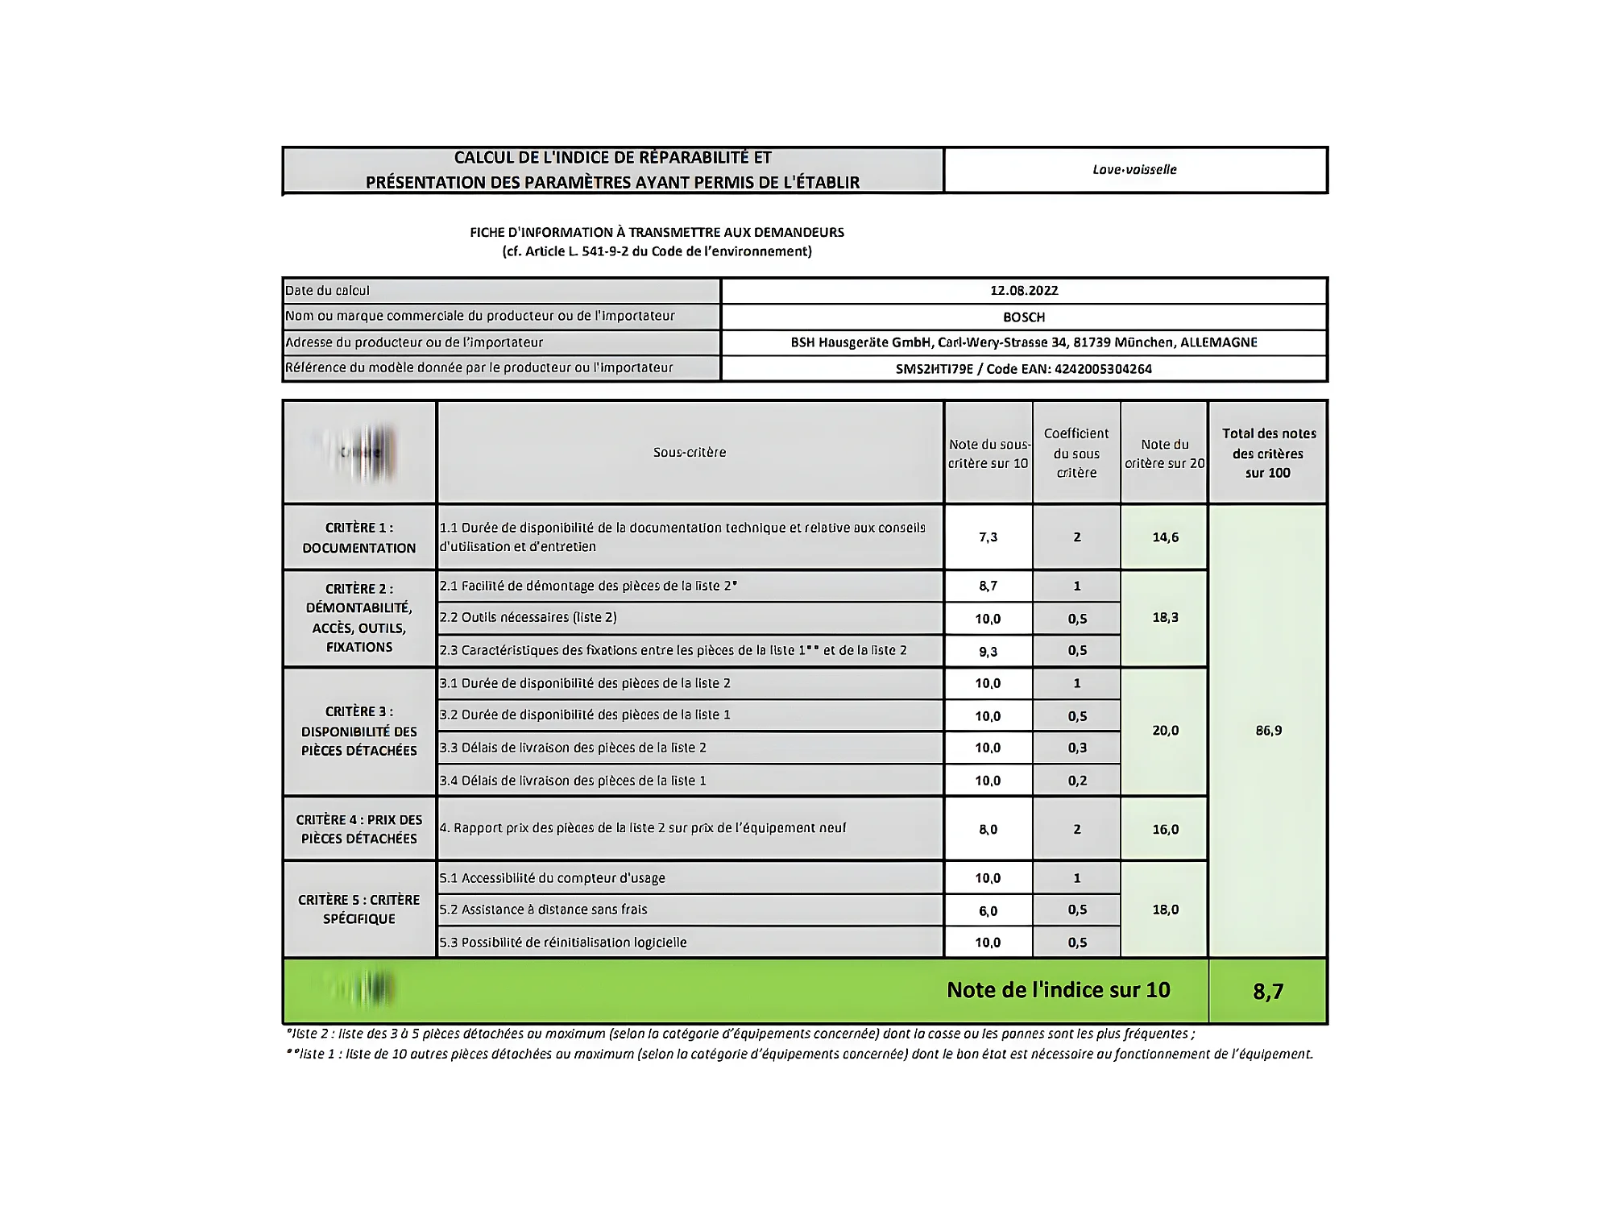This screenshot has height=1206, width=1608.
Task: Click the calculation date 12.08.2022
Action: (x=1024, y=291)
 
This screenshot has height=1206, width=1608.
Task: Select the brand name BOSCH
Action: (x=1024, y=317)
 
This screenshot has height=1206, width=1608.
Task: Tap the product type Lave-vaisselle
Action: (x=1134, y=170)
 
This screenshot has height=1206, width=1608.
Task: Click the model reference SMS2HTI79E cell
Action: (x=1024, y=369)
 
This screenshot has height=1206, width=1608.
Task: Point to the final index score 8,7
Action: (x=1267, y=991)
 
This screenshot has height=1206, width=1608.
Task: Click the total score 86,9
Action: (x=1268, y=731)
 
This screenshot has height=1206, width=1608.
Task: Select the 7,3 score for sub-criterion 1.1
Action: (x=988, y=537)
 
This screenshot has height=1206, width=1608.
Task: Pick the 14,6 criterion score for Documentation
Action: (x=1165, y=537)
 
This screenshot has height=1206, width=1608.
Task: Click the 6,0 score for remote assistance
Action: (x=988, y=911)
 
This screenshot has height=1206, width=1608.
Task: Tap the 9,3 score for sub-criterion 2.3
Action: (x=988, y=652)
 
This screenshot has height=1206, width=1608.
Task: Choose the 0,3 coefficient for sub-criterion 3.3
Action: (x=1077, y=748)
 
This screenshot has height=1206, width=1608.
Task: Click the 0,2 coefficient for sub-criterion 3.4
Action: (x=1077, y=781)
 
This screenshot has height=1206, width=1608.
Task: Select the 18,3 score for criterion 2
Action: (x=1165, y=618)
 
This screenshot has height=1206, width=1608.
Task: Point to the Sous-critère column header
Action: (x=690, y=453)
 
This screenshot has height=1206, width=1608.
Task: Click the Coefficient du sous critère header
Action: (x=1076, y=453)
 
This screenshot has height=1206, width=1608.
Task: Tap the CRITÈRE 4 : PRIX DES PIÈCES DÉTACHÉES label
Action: (x=359, y=829)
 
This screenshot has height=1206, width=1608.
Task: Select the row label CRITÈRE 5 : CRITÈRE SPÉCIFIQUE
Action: (x=359, y=910)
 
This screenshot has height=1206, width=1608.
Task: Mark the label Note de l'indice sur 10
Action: (x=1058, y=990)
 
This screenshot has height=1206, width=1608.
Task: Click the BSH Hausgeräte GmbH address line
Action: (x=1024, y=342)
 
